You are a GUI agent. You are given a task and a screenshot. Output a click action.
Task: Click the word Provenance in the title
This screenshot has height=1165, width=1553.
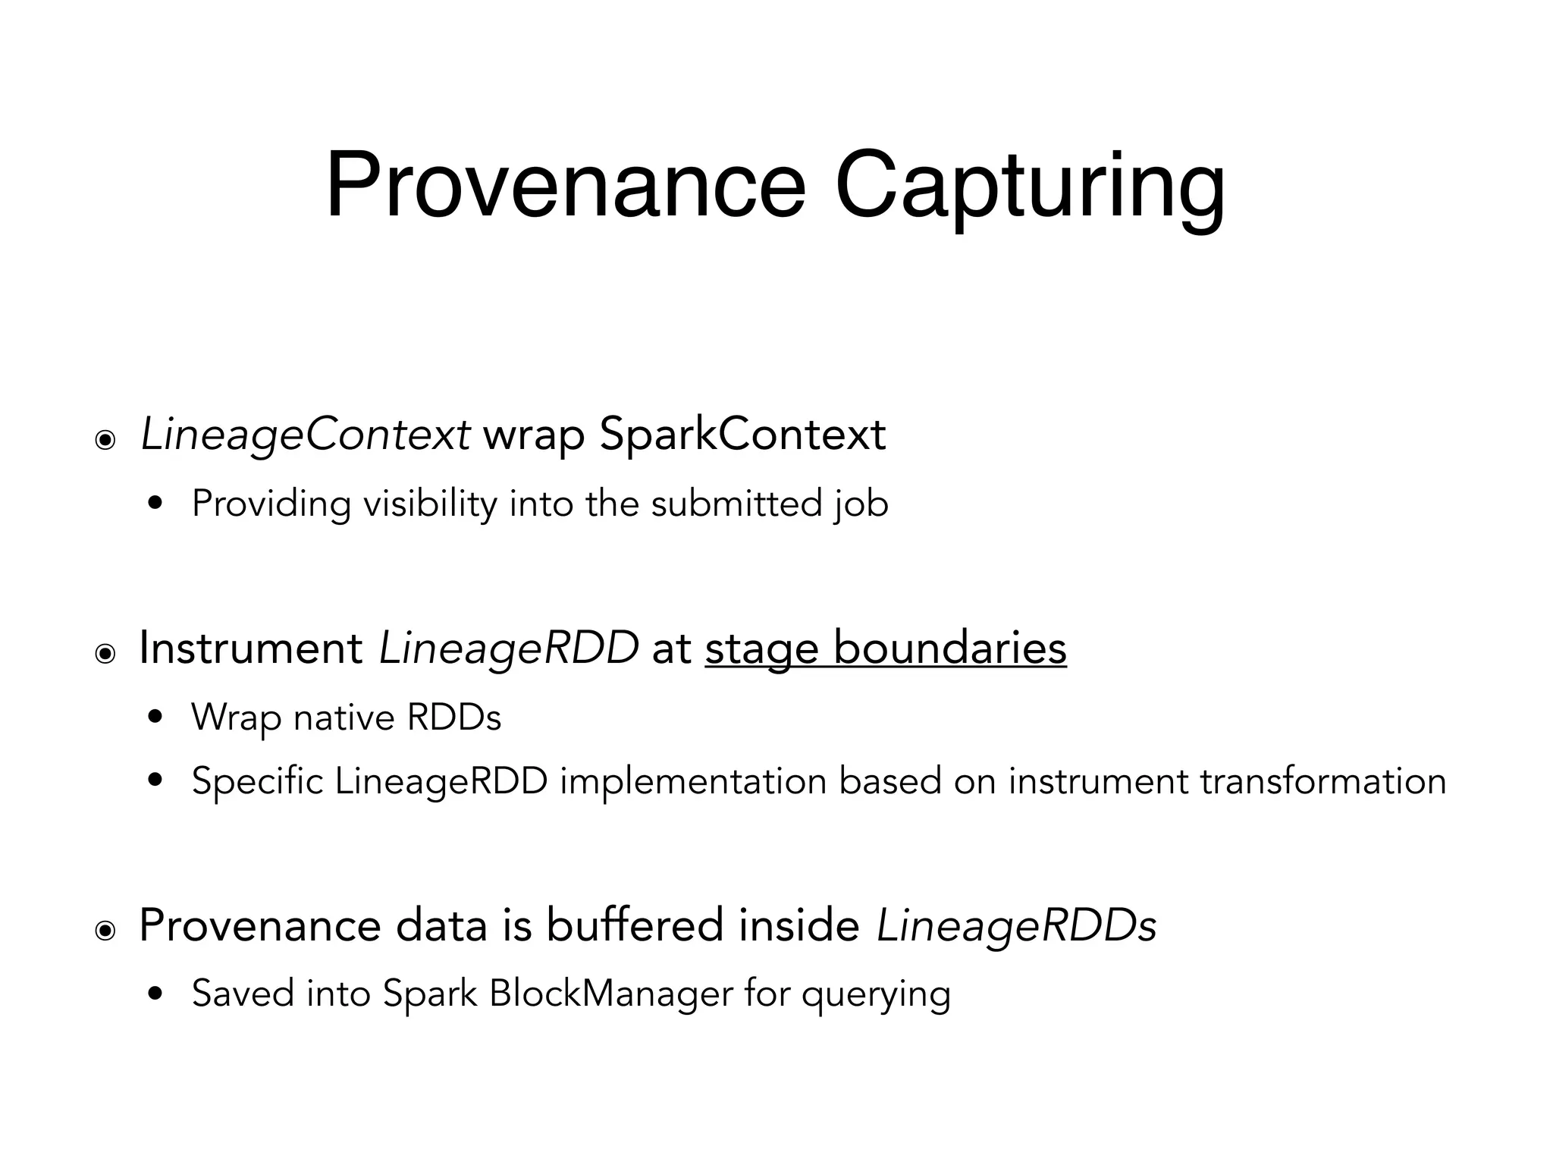[565, 185]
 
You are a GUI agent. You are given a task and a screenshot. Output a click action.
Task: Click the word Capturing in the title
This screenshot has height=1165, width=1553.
[1029, 185]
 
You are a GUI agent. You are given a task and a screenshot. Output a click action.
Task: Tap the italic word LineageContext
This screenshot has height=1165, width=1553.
[305, 435]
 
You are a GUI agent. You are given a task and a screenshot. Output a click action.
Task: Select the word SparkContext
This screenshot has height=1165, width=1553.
[742, 435]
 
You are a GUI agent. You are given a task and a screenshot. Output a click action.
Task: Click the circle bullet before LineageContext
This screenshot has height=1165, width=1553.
[105, 439]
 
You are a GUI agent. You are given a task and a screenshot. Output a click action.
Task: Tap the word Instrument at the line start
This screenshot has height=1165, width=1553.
[251, 648]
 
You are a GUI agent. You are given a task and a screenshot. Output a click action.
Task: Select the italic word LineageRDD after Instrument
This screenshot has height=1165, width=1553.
[508, 648]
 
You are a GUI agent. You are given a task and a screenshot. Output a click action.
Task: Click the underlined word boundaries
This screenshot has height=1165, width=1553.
[949, 648]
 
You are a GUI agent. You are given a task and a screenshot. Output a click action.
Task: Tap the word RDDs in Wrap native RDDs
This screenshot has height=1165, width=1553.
[453, 717]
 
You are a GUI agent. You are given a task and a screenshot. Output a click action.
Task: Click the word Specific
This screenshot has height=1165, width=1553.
[258, 781]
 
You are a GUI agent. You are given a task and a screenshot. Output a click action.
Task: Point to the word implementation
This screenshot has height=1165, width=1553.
[693, 781]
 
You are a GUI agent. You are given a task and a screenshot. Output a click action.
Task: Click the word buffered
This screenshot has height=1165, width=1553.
[635, 925]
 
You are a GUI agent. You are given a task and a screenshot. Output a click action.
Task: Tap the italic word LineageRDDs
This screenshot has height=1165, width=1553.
[1016, 925]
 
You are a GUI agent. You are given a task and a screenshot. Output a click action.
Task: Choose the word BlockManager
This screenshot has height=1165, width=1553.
[611, 994]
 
